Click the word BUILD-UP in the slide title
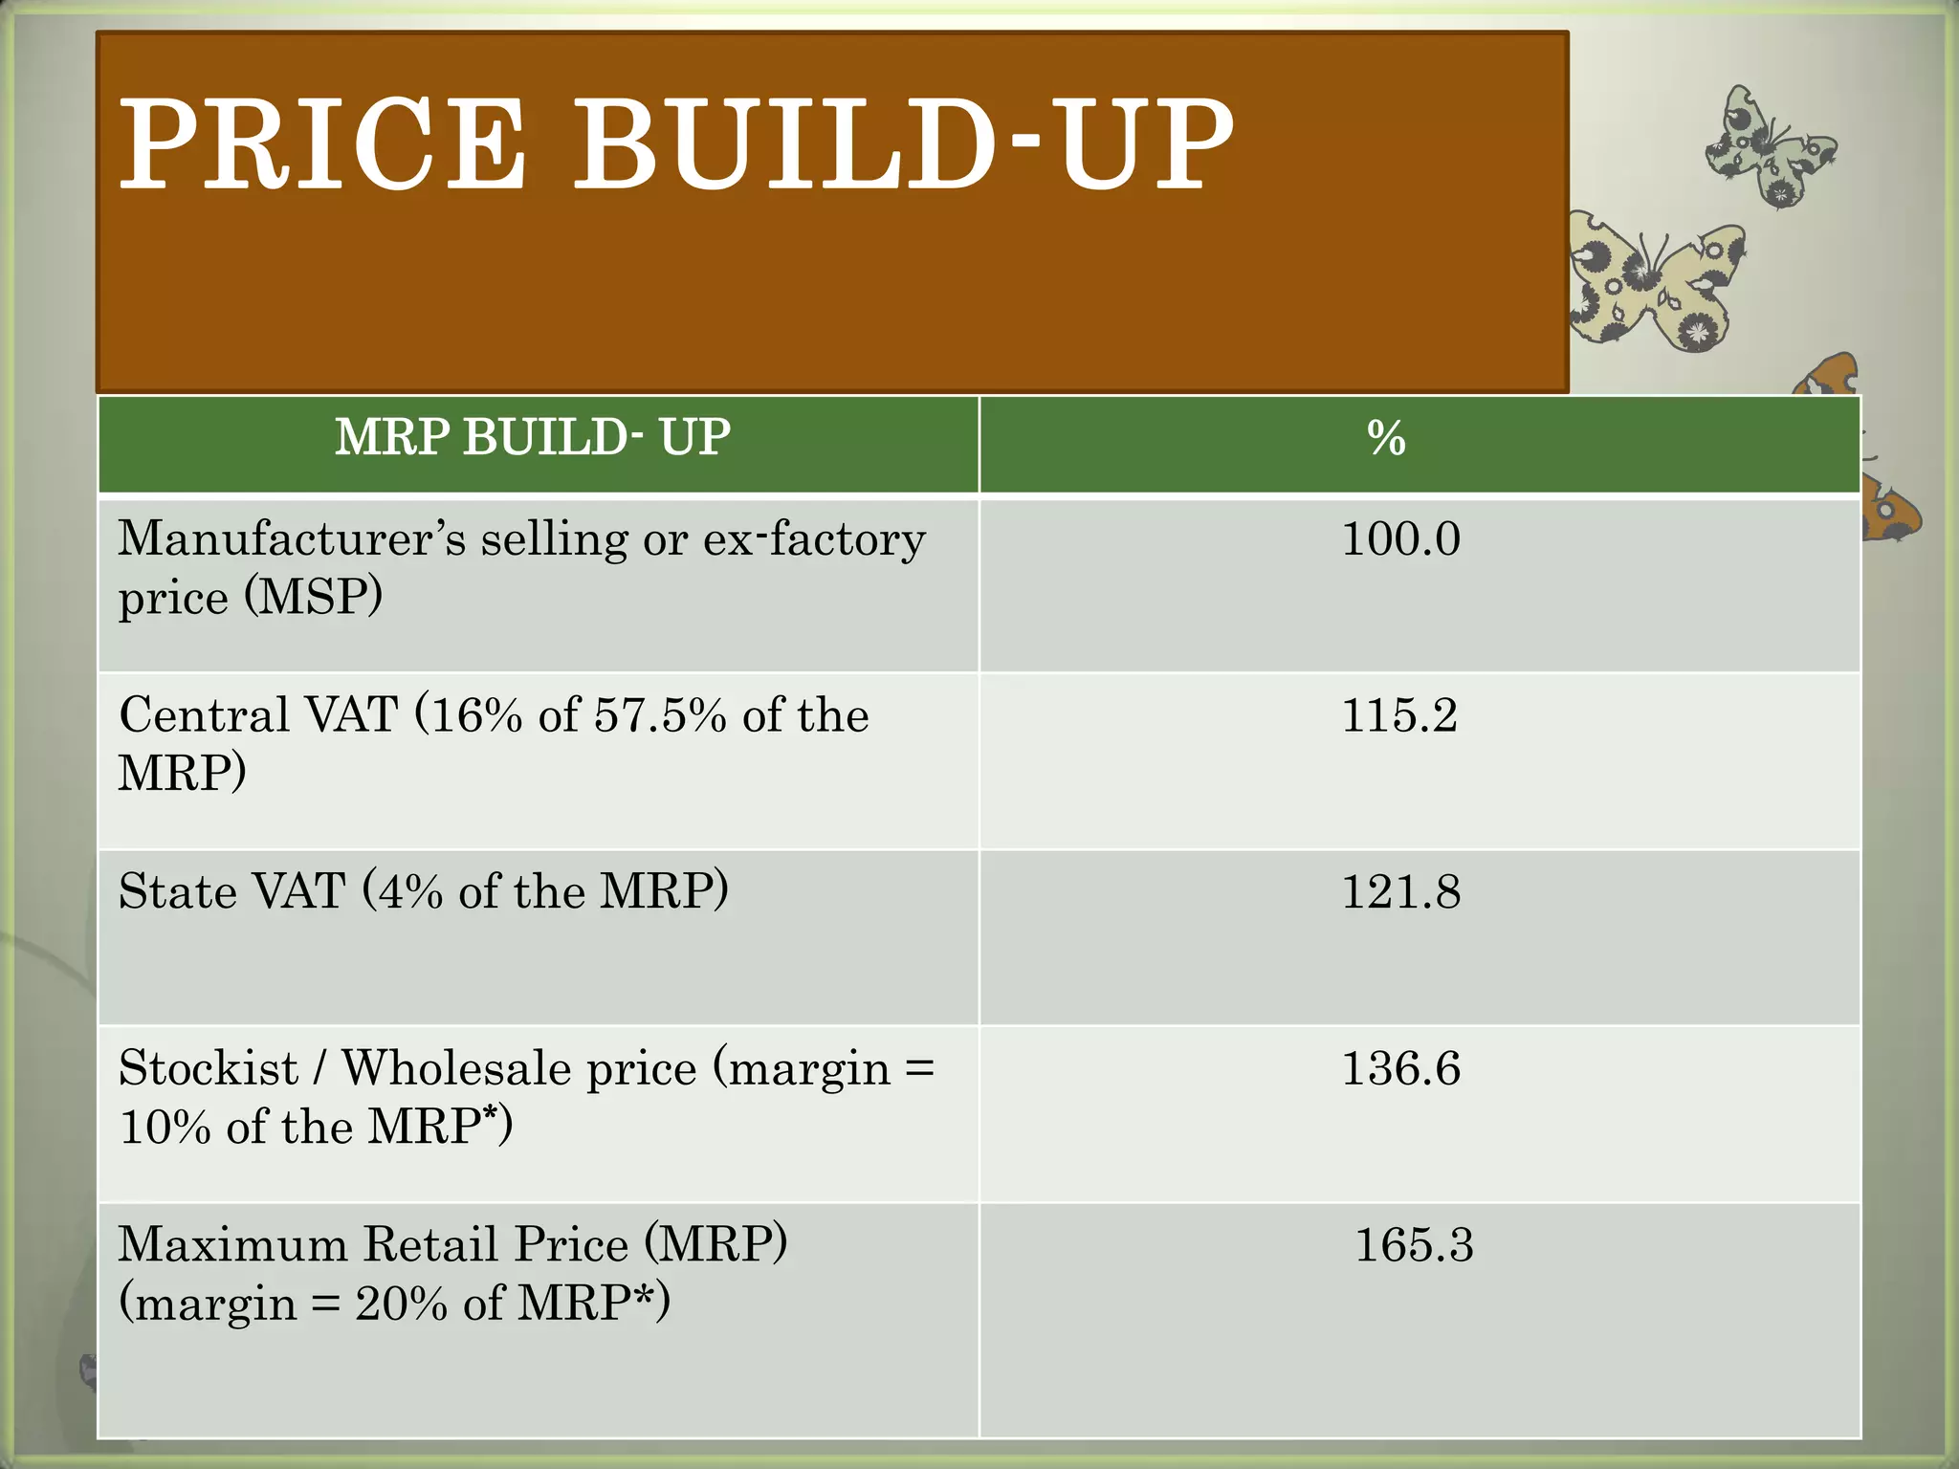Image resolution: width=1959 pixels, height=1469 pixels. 902,145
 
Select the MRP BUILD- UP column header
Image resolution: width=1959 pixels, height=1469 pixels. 533,438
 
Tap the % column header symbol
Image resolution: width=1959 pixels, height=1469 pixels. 1386,439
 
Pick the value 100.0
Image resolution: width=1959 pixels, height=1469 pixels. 1400,538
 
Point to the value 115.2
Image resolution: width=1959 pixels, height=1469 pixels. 1399,715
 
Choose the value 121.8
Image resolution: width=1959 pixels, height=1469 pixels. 1400,891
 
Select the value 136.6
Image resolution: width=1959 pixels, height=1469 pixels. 1400,1068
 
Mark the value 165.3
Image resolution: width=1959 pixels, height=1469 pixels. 1414,1245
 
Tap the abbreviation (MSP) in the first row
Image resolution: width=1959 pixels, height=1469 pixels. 314,598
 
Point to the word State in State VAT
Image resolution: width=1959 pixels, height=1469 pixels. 178,891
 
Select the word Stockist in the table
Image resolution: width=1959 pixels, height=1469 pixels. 209,1068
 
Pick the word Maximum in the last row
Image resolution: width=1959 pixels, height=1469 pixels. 232,1245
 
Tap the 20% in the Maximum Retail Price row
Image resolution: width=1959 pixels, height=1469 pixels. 401,1304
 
